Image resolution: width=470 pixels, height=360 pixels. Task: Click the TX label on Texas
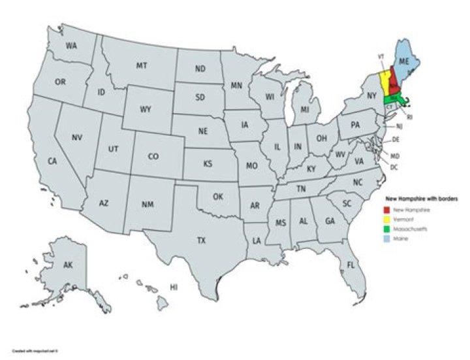(202, 241)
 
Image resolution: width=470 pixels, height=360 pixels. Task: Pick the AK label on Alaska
(68, 265)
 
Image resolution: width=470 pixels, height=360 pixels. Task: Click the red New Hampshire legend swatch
(386, 210)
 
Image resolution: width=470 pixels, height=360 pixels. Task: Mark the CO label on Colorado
(153, 157)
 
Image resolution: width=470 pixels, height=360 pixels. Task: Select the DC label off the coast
(394, 167)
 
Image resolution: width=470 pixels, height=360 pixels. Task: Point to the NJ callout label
(399, 125)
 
